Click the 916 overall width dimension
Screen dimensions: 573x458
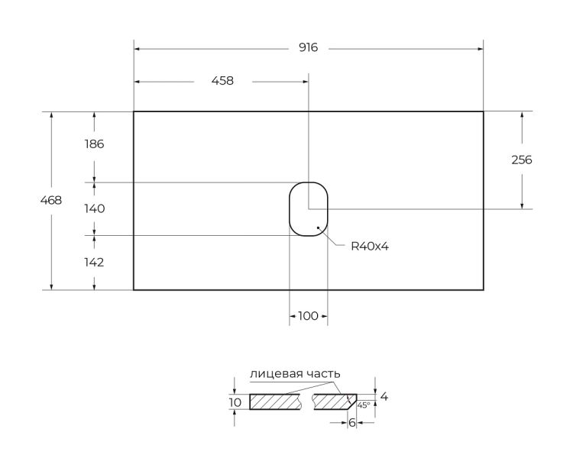pyautogui.click(x=309, y=47)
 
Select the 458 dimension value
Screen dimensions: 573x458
pyautogui.click(x=222, y=81)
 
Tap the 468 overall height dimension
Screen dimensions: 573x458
pyautogui.click(x=51, y=200)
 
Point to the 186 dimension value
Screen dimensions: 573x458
pyautogui.click(x=94, y=144)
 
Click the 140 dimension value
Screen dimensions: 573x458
pyautogui.click(x=94, y=208)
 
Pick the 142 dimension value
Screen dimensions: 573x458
pyautogui.click(x=94, y=263)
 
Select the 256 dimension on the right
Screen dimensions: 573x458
pyautogui.click(x=522, y=160)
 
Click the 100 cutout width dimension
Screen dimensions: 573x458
pyautogui.click(x=308, y=315)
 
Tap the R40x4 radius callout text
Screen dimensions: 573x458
pyautogui.click(x=370, y=247)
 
